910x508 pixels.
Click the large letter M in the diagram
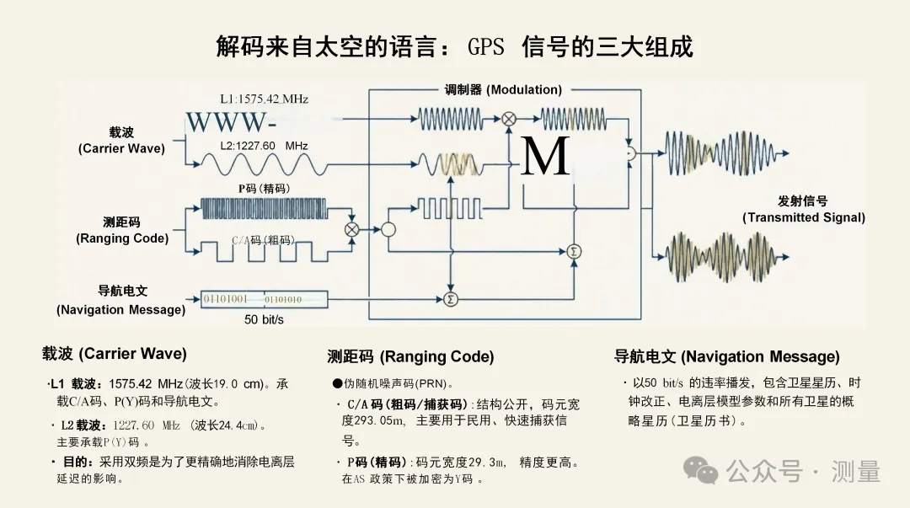(545, 158)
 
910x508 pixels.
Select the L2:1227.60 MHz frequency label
(264, 146)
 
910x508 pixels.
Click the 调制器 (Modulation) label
(503, 89)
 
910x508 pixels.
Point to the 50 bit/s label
(264, 320)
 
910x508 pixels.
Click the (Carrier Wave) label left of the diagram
(121, 148)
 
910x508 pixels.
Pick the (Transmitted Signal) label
(803, 217)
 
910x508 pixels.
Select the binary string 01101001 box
(225, 298)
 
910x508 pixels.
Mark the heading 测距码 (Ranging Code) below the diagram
(399, 357)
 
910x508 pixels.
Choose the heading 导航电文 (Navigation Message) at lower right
(726, 356)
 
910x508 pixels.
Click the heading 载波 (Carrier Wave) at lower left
(115, 354)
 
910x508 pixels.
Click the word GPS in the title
(486, 47)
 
